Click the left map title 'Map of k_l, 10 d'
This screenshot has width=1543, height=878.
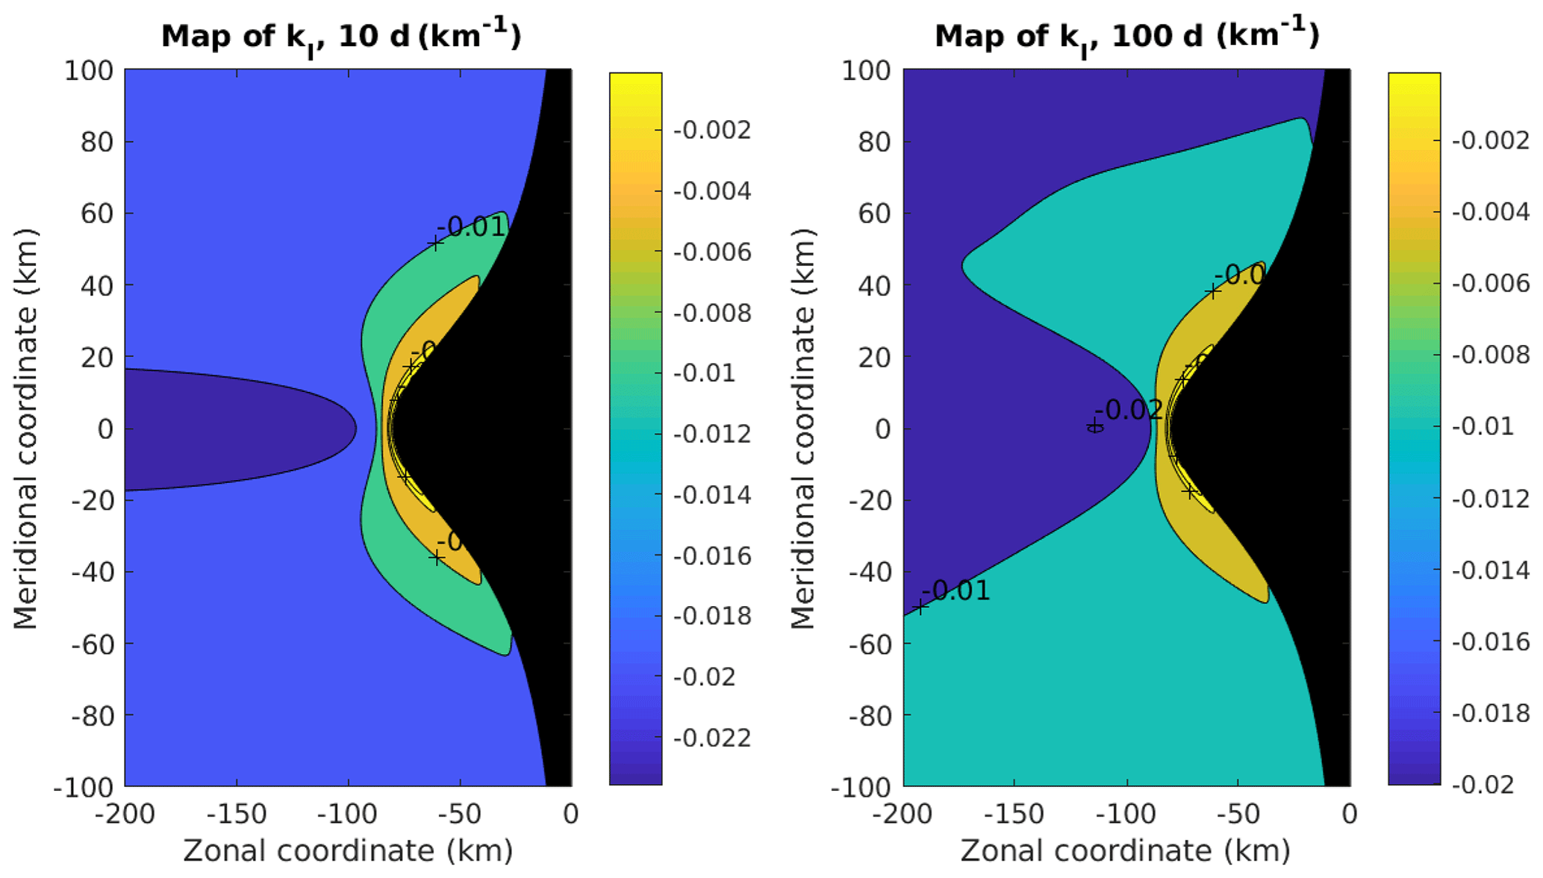(340, 36)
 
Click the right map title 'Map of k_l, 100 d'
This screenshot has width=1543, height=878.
(1126, 36)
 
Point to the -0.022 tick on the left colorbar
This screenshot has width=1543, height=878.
(712, 738)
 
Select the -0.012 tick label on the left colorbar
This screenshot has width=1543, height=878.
(712, 434)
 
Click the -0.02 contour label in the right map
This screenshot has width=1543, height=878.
(1129, 410)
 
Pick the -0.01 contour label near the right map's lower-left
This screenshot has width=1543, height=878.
(956, 591)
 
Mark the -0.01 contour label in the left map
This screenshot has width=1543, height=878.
(472, 227)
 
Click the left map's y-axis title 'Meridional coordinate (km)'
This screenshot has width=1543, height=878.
(25, 429)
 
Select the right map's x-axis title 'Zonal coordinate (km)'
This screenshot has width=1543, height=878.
(1125, 850)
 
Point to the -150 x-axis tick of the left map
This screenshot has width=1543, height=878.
(237, 814)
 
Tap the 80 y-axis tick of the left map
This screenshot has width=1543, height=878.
(96, 142)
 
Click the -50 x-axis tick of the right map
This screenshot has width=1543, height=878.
(1238, 814)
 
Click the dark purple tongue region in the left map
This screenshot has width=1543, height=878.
(224, 429)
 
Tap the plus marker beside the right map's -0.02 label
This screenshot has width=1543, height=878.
(1094, 426)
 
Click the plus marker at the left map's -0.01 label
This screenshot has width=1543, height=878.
(435, 243)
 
